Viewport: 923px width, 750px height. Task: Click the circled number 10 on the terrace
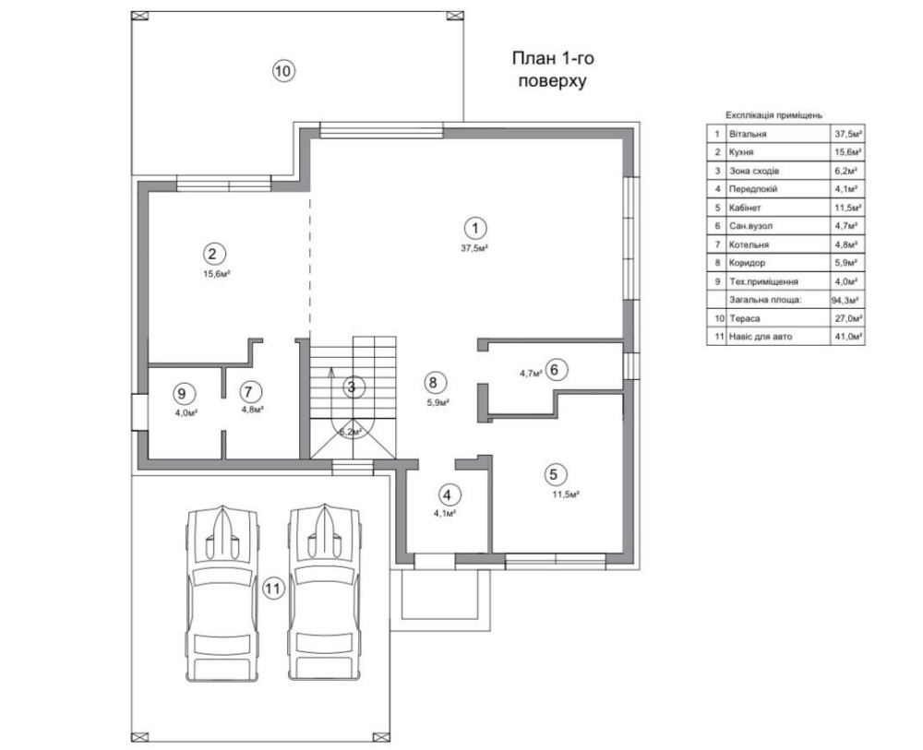click(283, 71)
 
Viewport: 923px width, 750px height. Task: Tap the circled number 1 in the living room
click(475, 228)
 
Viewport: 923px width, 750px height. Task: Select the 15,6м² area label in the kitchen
click(216, 274)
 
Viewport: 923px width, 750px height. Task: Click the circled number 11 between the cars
click(273, 589)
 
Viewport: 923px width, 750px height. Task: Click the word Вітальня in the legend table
click(748, 134)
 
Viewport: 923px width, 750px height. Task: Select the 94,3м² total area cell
click(845, 300)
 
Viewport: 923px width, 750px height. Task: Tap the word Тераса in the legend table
click(745, 318)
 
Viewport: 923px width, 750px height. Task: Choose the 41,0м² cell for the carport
click(848, 337)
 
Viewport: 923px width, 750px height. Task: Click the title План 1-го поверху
click(552, 69)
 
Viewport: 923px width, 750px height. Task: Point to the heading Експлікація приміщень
click(773, 115)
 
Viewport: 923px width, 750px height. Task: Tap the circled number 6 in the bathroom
click(557, 370)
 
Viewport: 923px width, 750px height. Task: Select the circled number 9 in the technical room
click(181, 392)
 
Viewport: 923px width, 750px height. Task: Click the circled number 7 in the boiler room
click(251, 392)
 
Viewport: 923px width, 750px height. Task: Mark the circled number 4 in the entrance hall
click(448, 494)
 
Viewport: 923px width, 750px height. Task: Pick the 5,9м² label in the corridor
click(438, 403)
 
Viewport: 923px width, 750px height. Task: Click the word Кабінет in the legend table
click(745, 208)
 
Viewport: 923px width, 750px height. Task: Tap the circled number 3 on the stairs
click(352, 387)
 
